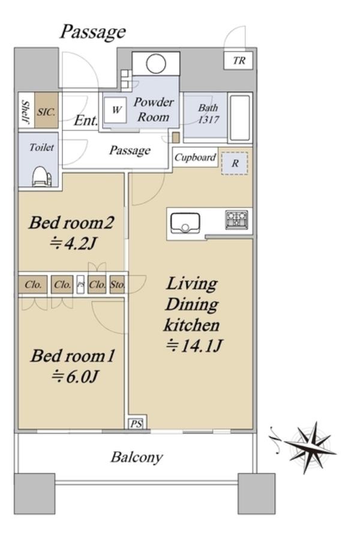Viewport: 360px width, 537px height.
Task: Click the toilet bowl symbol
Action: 42,177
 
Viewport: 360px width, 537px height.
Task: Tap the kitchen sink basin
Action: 185,223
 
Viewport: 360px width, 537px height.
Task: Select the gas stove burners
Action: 236,220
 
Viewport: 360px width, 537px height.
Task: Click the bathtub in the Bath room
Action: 240,118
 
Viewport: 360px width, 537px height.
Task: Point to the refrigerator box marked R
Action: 235,163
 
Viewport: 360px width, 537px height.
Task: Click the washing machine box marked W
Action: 116,110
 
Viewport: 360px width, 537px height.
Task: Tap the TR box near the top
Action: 239,61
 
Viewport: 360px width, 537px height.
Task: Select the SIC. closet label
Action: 46,112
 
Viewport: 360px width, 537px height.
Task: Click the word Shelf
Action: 26,112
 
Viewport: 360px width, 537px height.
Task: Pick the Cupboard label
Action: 195,157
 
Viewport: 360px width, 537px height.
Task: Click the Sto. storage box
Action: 118,284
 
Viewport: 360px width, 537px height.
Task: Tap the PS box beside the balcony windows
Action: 136,424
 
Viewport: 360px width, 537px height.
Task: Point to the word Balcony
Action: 136,458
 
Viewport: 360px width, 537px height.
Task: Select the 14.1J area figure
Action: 194,346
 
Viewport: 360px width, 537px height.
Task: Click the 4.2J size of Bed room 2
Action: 72,244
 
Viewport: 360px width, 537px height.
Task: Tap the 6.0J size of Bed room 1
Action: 75,377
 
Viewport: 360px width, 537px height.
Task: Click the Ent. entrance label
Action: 86,121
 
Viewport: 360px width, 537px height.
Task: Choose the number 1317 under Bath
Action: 208,119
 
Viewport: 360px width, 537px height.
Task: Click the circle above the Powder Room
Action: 156,64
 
